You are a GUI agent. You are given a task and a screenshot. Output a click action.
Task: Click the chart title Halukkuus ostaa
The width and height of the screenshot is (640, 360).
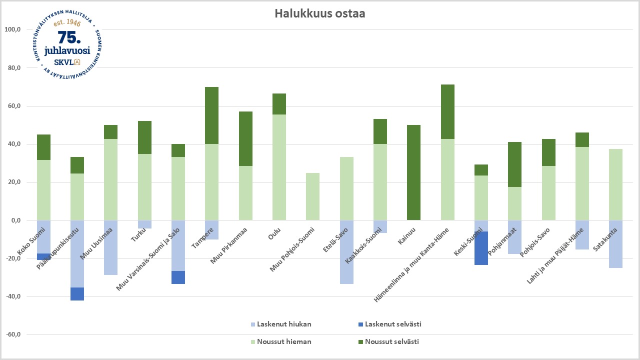(319, 13)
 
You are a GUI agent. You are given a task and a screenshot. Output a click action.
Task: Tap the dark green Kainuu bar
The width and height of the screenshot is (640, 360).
(413, 172)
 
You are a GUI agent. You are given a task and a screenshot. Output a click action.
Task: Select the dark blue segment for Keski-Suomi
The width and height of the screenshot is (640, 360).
(481, 248)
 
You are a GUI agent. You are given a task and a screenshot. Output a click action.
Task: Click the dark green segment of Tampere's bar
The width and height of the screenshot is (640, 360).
(212, 115)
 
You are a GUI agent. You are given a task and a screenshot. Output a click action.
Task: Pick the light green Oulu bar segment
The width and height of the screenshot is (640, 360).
(279, 167)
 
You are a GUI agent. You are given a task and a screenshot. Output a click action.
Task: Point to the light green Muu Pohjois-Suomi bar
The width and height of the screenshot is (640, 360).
(312, 196)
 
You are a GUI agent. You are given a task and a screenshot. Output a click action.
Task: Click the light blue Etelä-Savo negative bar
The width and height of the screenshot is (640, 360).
(346, 252)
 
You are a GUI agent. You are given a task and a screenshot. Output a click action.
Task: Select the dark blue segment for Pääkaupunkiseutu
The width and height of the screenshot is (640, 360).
(77, 294)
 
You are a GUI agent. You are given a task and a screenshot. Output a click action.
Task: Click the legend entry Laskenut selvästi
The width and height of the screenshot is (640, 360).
(393, 324)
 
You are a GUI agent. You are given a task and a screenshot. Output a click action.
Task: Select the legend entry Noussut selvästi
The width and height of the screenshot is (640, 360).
(391, 342)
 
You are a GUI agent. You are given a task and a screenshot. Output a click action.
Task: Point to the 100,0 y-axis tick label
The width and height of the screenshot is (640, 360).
(12, 29)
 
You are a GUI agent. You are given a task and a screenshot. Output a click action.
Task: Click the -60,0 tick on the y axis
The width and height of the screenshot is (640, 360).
(12, 334)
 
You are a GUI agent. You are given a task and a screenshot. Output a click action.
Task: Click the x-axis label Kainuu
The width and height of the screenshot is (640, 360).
(407, 235)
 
